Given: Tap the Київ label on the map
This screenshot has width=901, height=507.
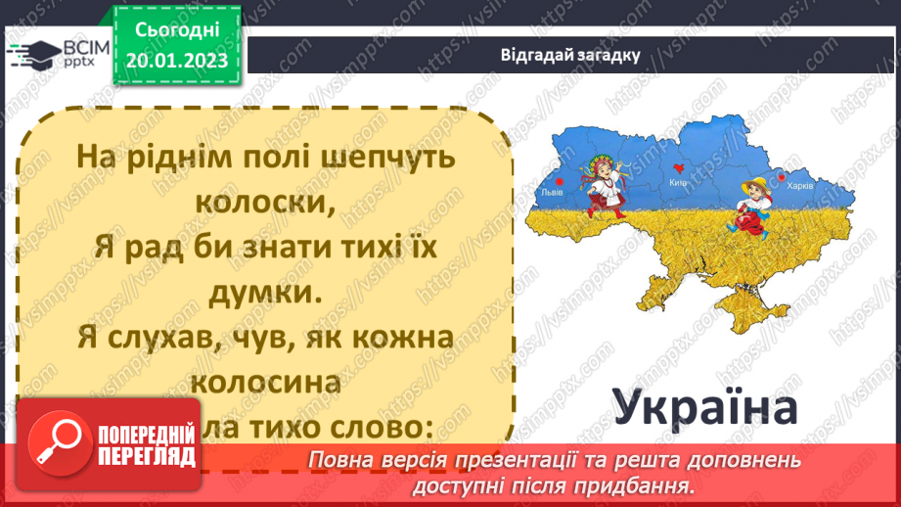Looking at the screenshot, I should (x=680, y=183).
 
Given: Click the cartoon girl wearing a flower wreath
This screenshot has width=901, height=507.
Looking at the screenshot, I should (x=605, y=195).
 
